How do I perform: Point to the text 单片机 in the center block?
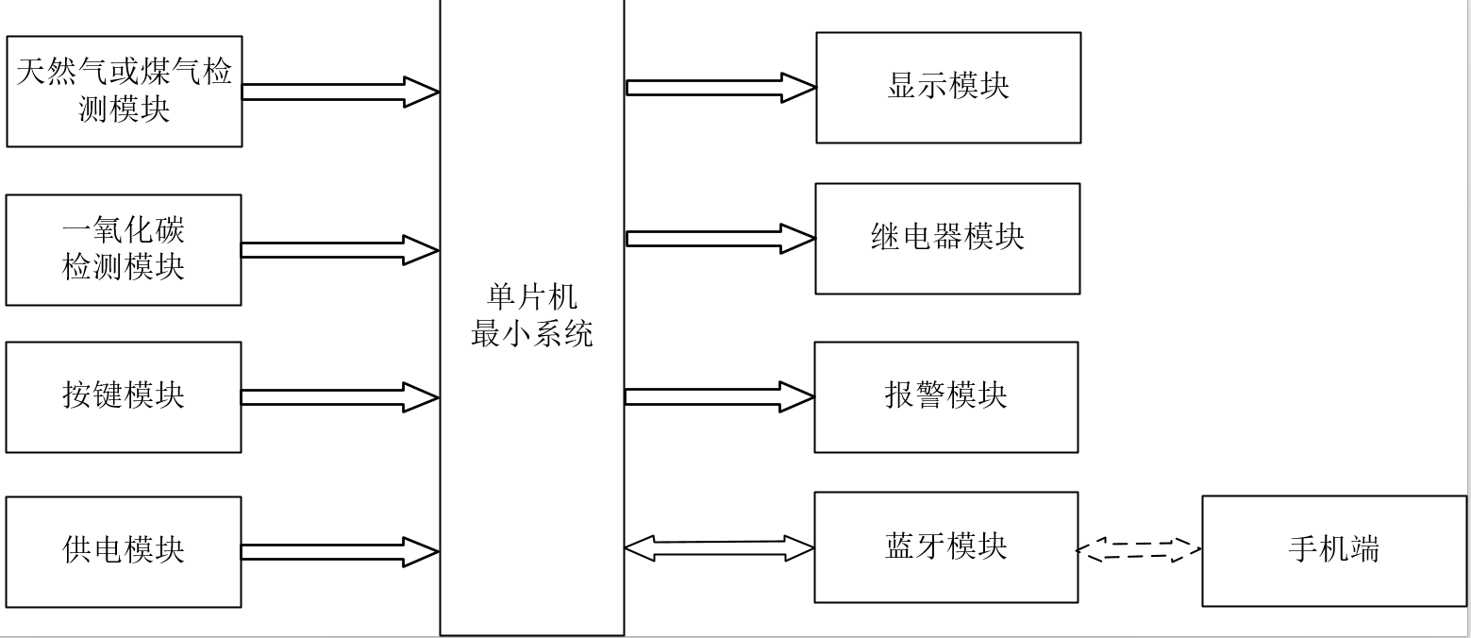coord(532,297)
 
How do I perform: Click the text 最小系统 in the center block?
coord(532,334)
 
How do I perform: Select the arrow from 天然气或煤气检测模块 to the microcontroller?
coord(341,92)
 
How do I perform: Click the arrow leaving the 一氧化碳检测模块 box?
coord(340,250)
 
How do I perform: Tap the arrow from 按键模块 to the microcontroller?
coord(340,397)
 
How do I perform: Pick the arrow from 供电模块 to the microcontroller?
coord(340,552)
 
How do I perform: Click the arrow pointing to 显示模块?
coord(721,88)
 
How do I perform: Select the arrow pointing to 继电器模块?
coord(720,239)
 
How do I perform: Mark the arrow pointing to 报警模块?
coord(720,396)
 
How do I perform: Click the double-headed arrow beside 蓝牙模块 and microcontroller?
coord(720,548)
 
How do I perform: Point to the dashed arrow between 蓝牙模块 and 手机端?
coord(1140,550)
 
